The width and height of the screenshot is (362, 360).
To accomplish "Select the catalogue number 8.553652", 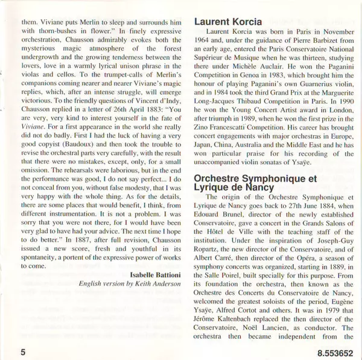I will click(x=334, y=349).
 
